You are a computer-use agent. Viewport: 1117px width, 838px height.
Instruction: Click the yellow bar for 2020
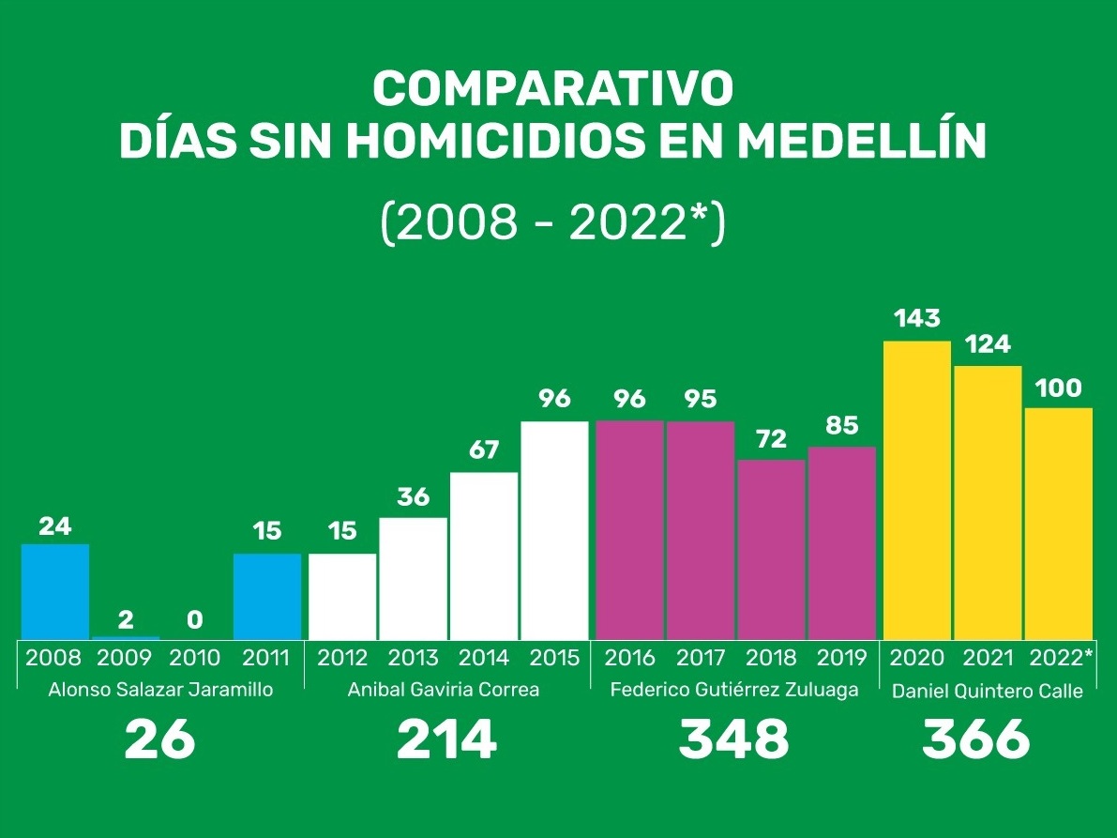916,490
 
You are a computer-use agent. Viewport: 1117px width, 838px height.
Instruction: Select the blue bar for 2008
55,591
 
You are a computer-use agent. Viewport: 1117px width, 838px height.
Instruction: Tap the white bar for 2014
484,556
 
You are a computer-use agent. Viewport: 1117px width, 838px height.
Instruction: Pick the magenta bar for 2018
771,549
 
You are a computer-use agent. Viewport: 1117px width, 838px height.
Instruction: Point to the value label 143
916,319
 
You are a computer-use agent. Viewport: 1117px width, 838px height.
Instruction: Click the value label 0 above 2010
195,620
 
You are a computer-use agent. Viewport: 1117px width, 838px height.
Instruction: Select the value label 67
484,450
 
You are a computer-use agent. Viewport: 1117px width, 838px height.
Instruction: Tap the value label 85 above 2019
841,426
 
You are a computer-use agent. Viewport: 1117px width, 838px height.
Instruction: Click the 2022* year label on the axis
1061,657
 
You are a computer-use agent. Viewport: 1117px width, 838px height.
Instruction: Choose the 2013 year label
413,657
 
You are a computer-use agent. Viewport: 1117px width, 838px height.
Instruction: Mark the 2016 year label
629,657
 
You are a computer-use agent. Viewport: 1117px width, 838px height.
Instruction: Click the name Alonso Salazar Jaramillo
160,690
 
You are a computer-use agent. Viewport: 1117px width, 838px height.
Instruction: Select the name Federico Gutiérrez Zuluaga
733,690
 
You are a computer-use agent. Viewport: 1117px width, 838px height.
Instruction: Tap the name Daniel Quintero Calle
987,692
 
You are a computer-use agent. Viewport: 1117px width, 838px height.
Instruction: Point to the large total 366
975,740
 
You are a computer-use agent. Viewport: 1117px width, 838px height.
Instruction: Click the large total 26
159,740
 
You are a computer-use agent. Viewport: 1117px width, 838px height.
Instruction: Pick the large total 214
446,740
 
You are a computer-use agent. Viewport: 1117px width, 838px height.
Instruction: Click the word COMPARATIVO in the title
552,89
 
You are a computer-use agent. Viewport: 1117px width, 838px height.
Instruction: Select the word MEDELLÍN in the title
861,143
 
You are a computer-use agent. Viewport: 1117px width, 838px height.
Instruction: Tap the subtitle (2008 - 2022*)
552,223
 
